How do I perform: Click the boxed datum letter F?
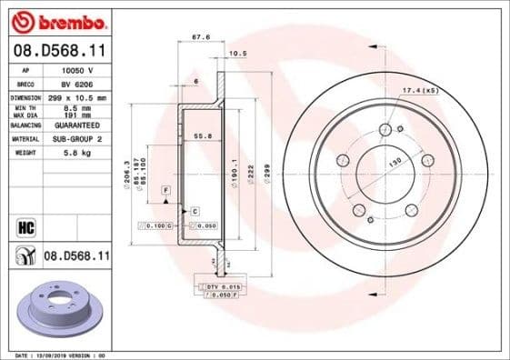click(166, 189)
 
